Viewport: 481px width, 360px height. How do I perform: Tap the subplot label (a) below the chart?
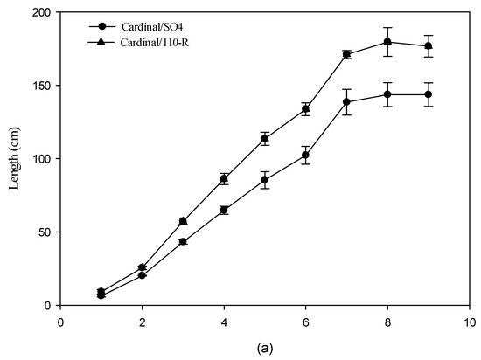click(x=265, y=347)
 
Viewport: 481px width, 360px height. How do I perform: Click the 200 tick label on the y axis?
click(x=41, y=13)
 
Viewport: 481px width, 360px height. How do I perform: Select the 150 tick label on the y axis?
click(x=41, y=86)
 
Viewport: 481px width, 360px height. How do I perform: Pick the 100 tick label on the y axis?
click(x=41, y=159)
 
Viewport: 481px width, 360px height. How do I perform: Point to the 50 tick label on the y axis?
click(x=44, y=232)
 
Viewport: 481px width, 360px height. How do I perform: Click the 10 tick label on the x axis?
click(x=469, y=321)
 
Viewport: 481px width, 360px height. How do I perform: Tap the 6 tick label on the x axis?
click(x=306, y=321)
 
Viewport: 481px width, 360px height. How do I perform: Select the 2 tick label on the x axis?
click(x=142, y=321)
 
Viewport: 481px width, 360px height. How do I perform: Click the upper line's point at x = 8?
click(x=387, y=42)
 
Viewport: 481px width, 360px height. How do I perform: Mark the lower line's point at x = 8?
click(x=387, y=94)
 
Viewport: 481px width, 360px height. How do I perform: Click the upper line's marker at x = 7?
click(x=346, y=54)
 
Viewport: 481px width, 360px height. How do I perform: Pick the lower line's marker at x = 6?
click(x=305, y=155)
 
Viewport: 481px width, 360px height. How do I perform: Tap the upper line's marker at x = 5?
click(x=265, y=138)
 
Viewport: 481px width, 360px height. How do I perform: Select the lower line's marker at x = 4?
click(x=224, y=210)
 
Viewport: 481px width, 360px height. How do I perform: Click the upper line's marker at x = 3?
click(x=183, y=221)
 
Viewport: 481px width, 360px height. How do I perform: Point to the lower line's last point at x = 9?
click(x=429, y=94)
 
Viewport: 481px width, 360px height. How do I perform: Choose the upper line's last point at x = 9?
click(x=429, y=45)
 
